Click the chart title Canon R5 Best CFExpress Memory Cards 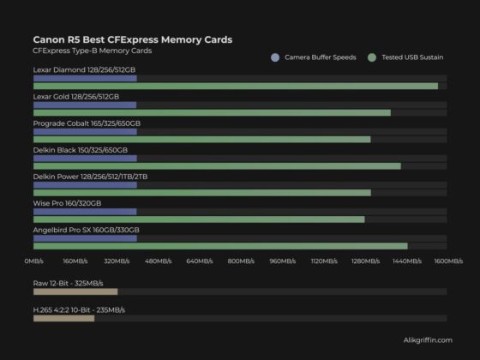[132, 39]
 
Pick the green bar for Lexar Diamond [235, 86]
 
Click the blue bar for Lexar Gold [84, 105]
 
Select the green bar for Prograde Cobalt [201, 139]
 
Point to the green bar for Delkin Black [216, 165]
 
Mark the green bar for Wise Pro [198, 219]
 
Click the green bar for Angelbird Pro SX [219, 246]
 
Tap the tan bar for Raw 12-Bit [75, 291]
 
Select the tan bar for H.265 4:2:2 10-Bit [63, 318]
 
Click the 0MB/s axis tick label [33, 261]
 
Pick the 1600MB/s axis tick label [447, 261]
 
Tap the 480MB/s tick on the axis [159, 261]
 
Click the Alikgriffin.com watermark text [426, 340]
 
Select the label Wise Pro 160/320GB [67, 203]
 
